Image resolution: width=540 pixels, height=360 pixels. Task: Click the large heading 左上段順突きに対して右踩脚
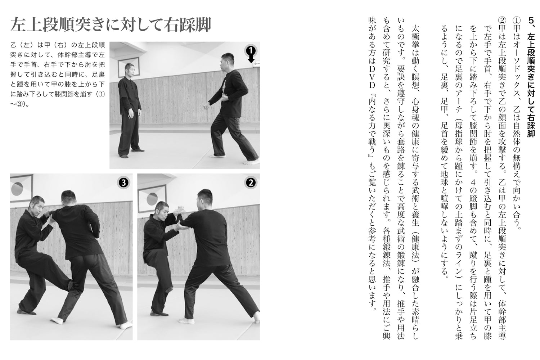point(111,24)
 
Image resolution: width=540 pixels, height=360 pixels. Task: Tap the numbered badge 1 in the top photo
point(251,50)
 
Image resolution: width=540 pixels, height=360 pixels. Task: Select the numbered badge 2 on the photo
point(251,183)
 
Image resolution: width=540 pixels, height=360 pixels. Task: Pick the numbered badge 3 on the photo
point(123,183)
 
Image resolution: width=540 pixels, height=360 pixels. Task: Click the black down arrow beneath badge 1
point(251,59)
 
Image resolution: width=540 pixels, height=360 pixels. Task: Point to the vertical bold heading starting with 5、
point(531,77)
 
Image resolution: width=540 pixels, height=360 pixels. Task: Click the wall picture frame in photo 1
point(129,67)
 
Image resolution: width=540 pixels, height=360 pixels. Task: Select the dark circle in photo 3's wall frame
point(17,188)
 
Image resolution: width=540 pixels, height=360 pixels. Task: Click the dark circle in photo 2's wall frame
point(152,199)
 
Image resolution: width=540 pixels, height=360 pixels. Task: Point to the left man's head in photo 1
point(130,70)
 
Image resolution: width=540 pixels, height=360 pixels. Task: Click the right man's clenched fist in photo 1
point(207,107)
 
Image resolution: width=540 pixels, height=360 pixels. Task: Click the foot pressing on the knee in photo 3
point(70,285)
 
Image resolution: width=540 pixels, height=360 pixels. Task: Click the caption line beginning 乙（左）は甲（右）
point(57,45)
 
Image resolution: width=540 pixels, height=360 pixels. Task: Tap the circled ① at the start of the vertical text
point(517,21)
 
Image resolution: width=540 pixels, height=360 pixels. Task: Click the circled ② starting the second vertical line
point(502,21)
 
